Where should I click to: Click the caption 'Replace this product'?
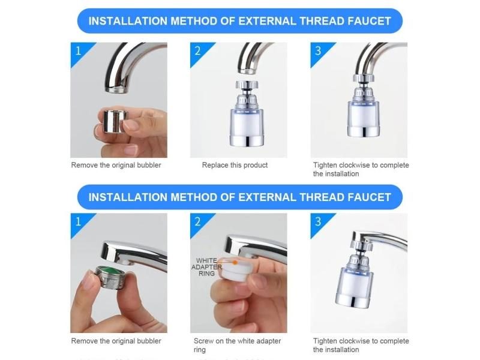click(x=235, y=165)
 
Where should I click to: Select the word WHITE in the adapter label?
click(x=206, y=260)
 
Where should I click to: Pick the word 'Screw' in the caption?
click(x=204, y=341)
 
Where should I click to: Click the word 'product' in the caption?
click(x=255, y=165)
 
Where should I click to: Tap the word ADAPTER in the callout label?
click(x=206, y=267)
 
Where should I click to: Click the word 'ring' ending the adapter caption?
click(x=199, y=350)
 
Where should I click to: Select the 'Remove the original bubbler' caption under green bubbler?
click(x=116, y=341)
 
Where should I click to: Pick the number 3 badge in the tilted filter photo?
click(x=318, y=221)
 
